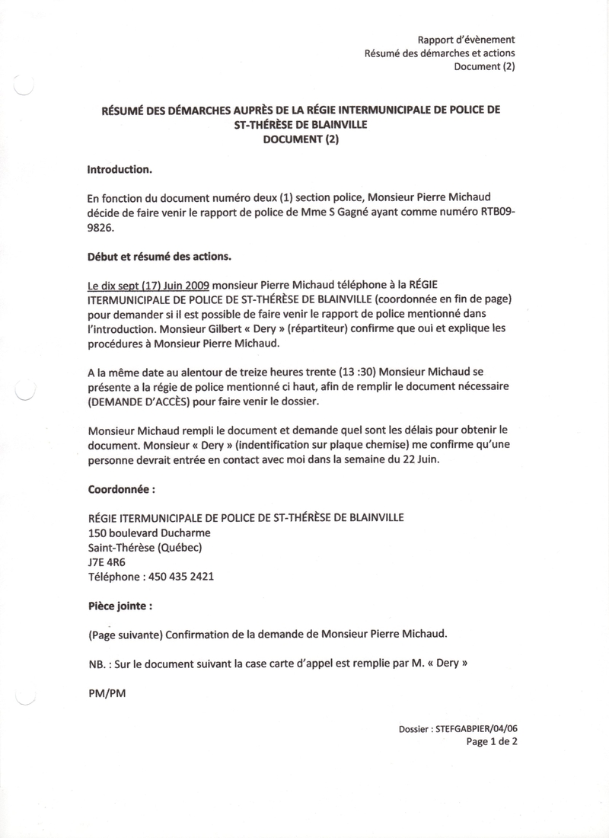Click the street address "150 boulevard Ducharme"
coord(149,533)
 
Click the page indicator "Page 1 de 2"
coord(492,741)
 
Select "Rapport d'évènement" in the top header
coord(467,40)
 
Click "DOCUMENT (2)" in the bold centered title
coord(301,139)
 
